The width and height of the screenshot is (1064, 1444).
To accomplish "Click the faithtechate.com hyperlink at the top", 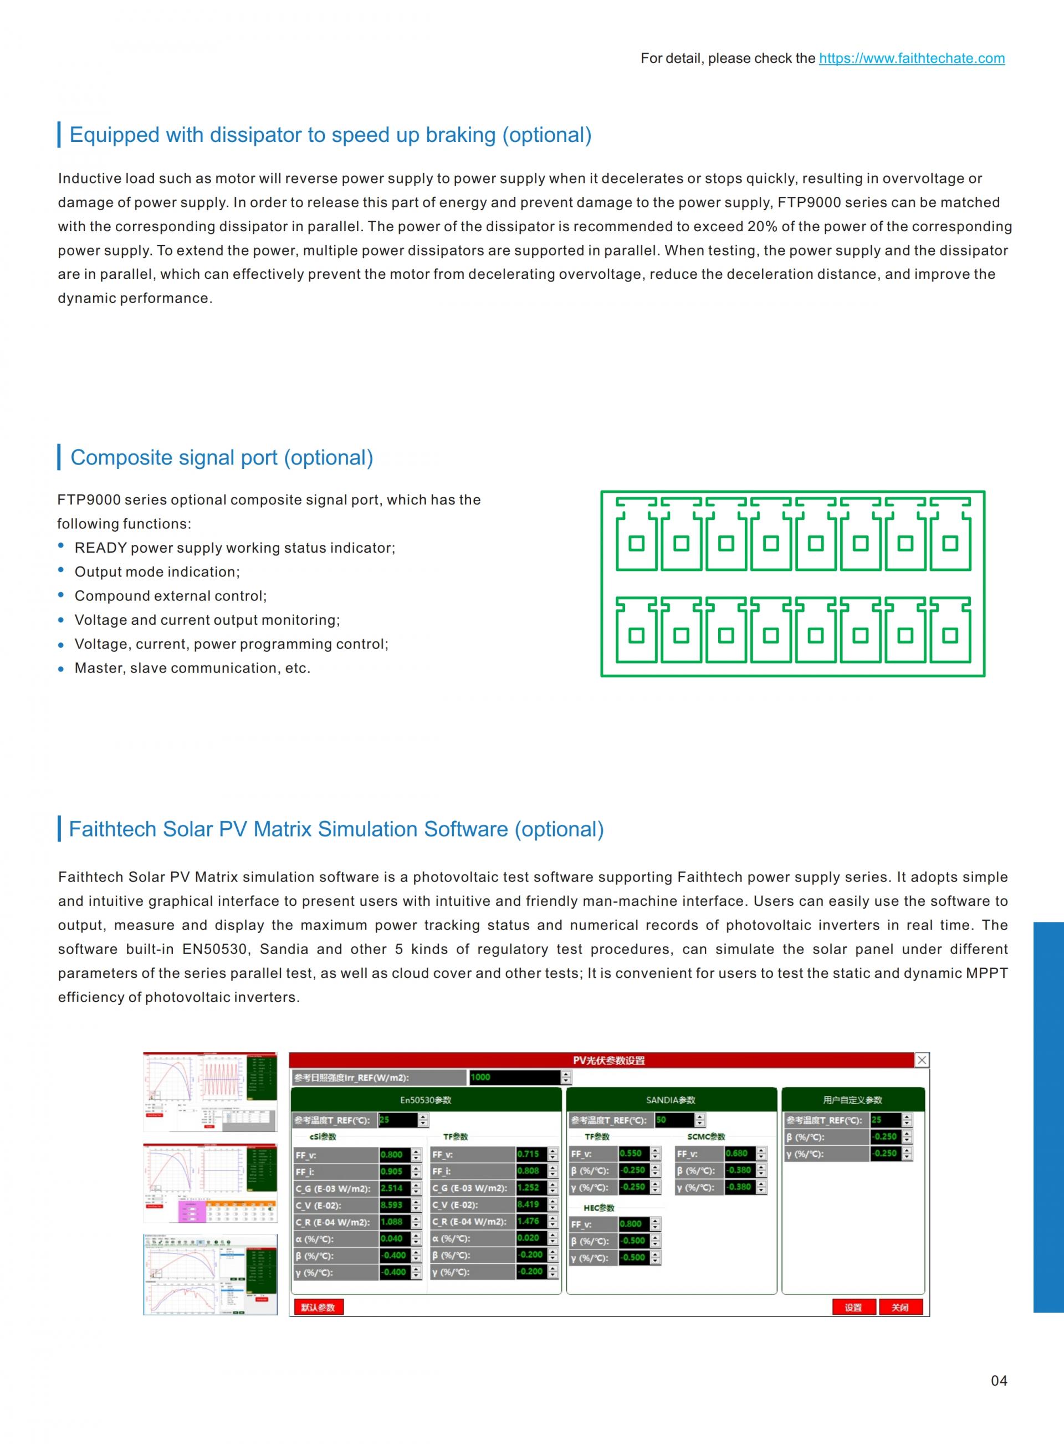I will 912,59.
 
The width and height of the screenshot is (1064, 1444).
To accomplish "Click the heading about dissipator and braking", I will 330,135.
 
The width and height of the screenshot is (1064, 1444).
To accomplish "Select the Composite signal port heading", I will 222,458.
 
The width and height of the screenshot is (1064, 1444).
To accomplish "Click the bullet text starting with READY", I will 234,548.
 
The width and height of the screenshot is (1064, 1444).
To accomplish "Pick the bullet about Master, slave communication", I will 192,669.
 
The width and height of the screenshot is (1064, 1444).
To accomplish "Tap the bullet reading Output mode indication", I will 157,572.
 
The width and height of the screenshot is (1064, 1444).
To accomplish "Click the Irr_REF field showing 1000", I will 514,1078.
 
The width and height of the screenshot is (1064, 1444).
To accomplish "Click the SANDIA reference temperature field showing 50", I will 673,1120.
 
